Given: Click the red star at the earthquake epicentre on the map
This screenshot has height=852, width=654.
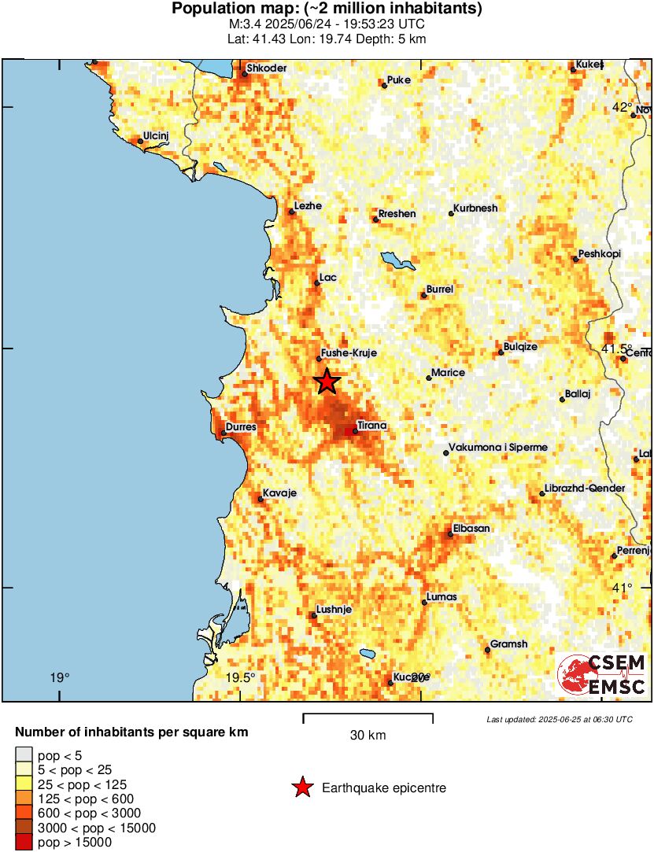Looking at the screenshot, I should point(327,382).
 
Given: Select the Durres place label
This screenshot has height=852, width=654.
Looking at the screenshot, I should point(241,428).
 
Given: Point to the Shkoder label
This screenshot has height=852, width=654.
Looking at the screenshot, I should point(268,68).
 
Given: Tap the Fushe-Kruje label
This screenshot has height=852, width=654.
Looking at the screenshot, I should point(347,353).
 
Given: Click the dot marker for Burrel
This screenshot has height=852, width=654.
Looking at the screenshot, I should point(423,295).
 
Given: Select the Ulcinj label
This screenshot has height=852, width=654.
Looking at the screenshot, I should point(156,136).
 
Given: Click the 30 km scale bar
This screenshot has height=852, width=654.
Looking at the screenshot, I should point(368,716).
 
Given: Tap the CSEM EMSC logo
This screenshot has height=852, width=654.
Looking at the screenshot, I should point(602,675).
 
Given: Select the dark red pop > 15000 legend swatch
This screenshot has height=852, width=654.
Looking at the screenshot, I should point(24,843).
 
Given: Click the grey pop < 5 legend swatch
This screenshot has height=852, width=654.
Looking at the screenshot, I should point(24,755).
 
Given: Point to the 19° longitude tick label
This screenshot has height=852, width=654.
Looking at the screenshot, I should point(59,677).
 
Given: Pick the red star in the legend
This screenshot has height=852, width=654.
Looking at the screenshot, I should point(302,787).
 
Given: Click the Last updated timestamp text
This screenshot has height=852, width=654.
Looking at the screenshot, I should point(559,719).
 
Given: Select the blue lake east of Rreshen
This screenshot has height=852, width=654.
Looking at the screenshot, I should point(397,261).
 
